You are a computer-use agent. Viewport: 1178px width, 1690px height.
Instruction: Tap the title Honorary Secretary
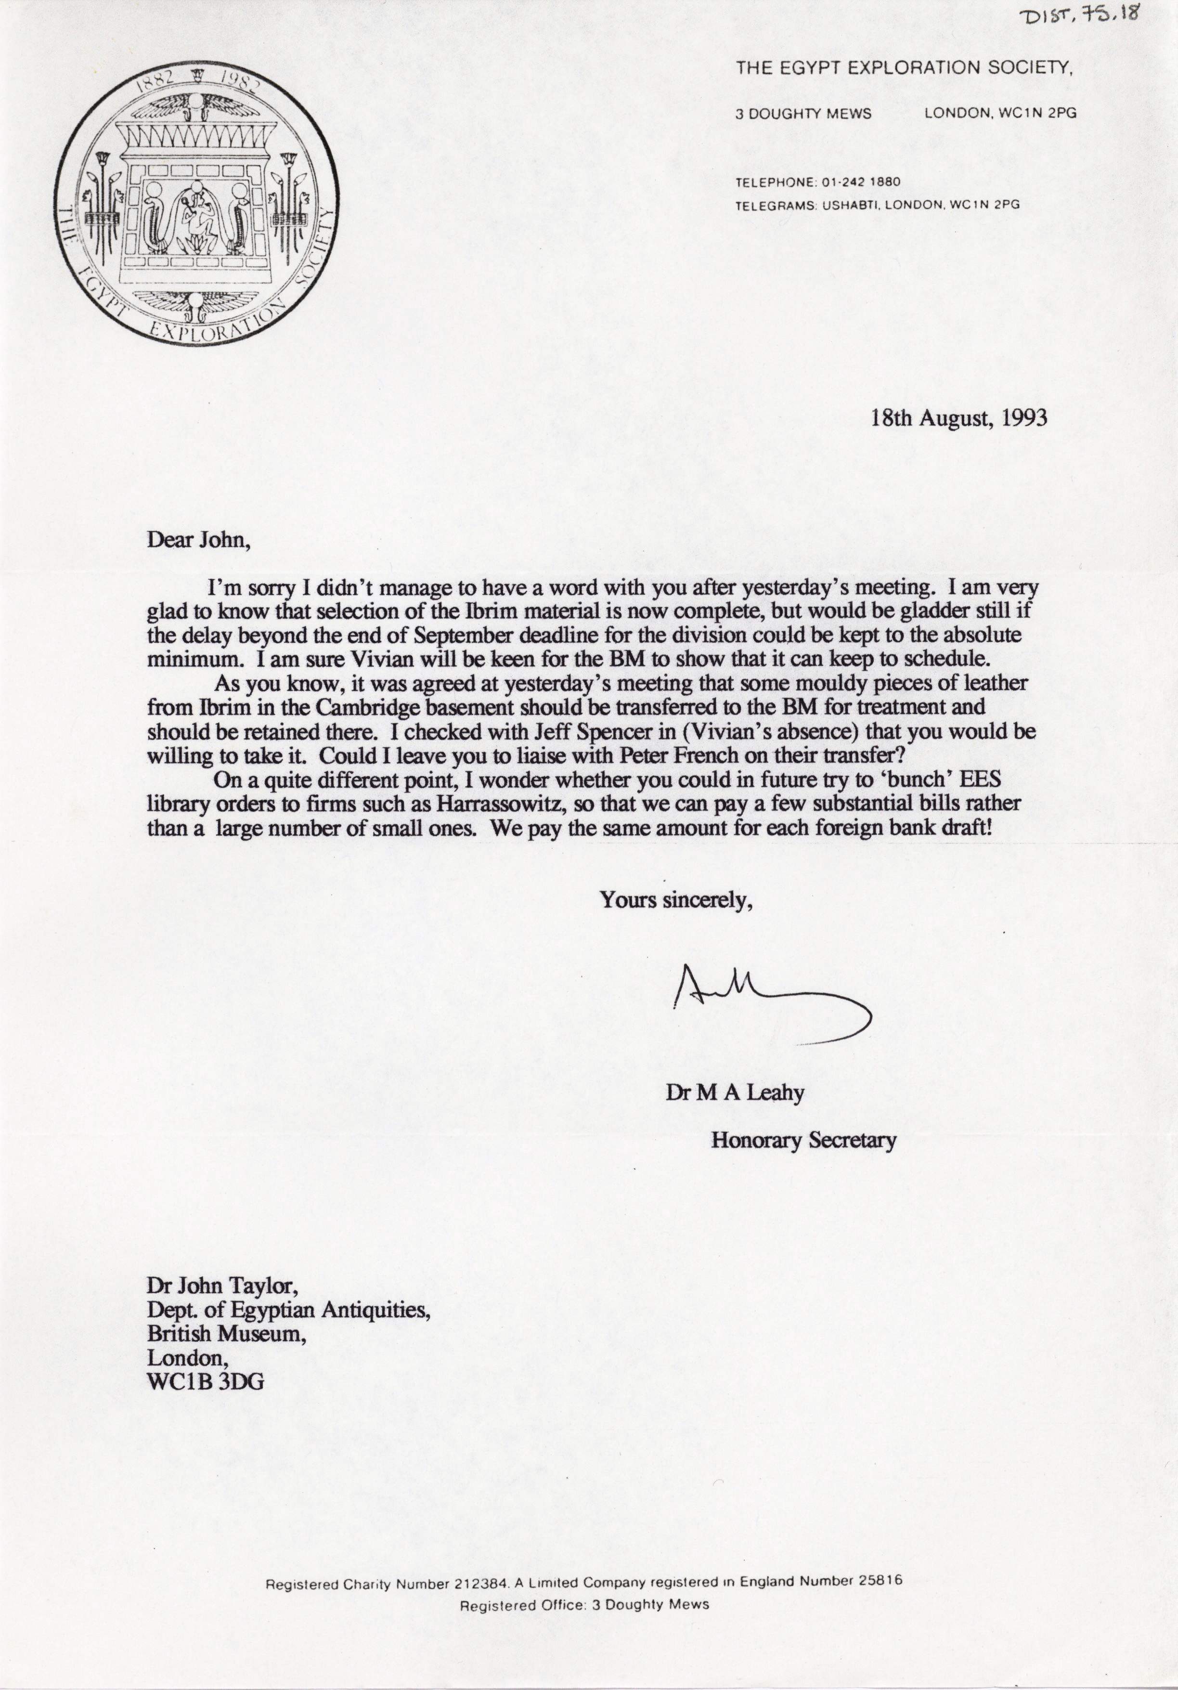pos(803,1140)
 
